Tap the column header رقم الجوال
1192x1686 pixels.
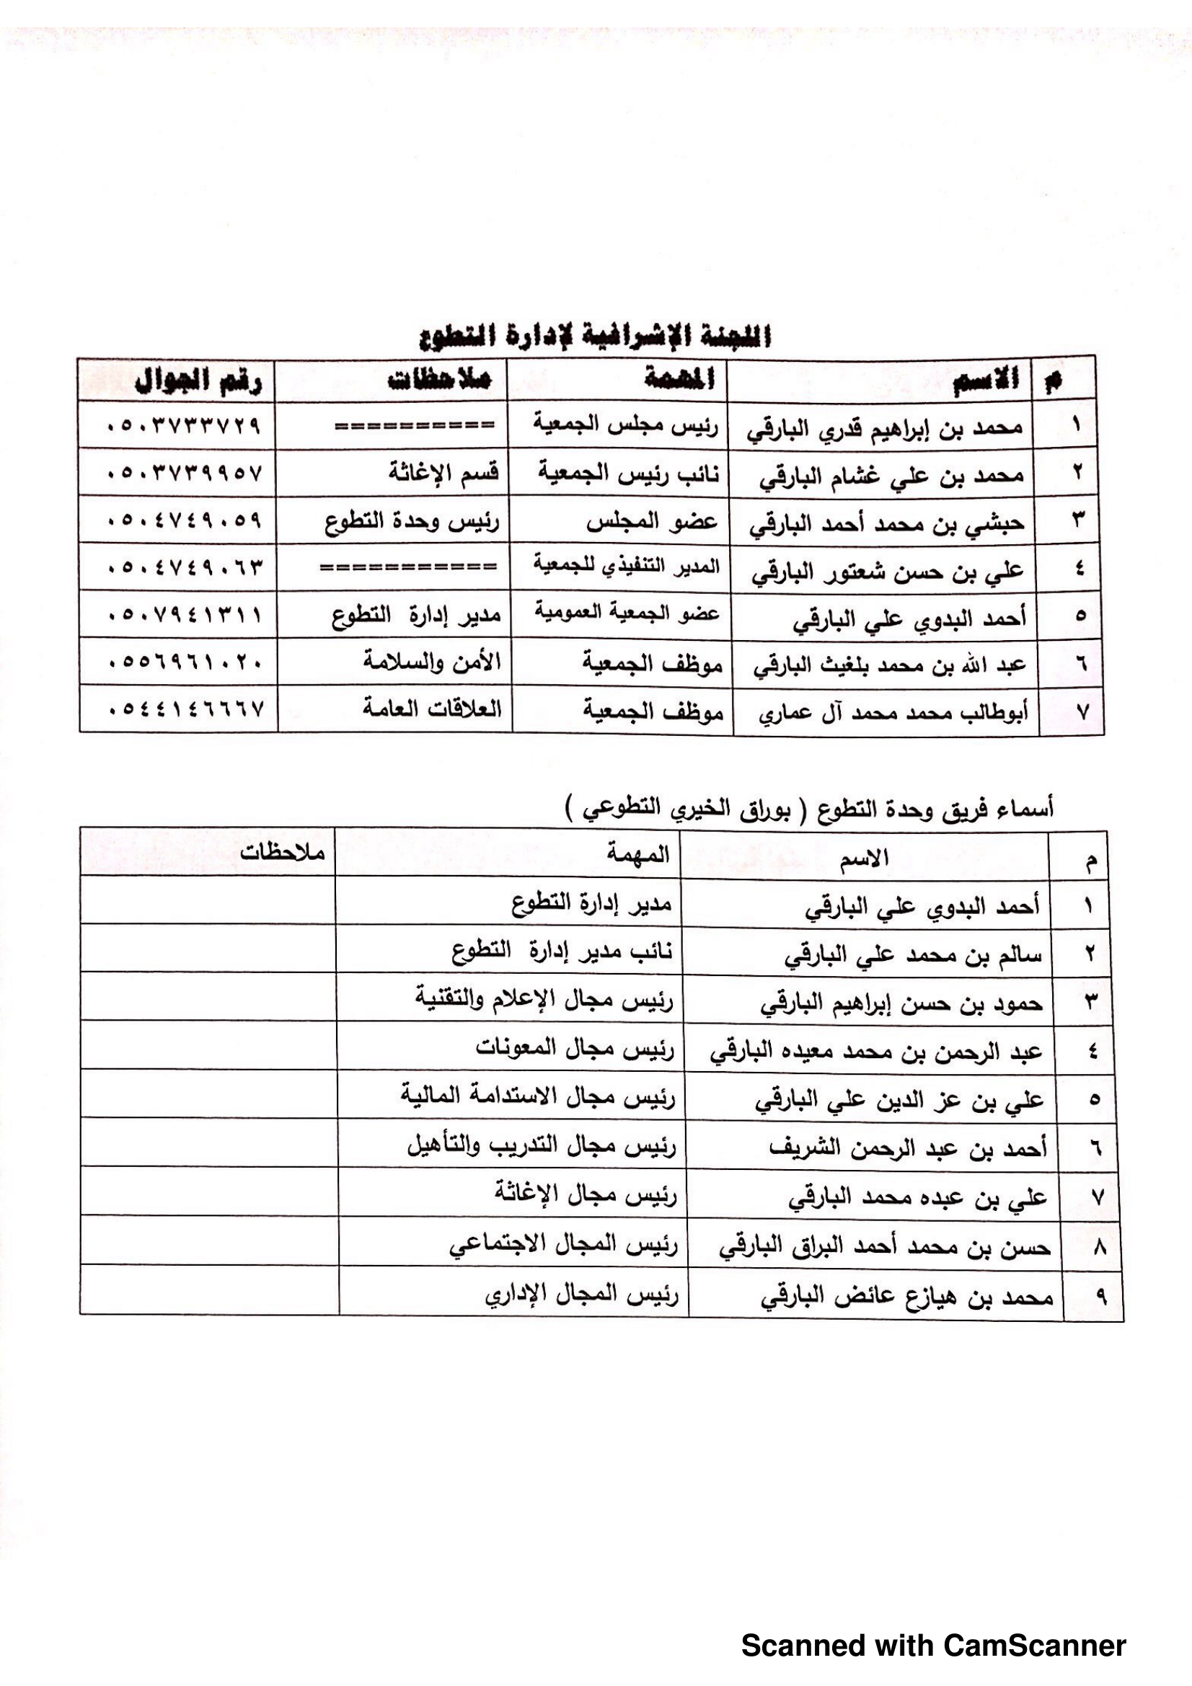point(198,381)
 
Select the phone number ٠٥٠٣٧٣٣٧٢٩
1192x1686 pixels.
point(184,426)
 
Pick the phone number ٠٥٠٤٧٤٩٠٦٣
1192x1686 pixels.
point(185,567)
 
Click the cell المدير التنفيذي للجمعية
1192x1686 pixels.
point(627,567)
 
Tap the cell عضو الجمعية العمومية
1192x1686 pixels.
point(627,613)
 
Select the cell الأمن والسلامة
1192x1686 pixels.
point(432,662)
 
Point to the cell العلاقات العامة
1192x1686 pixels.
point(432,709)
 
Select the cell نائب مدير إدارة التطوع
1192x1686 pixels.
point(562,951)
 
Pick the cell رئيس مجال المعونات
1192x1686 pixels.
point(574,1048)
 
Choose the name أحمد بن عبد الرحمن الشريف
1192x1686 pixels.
point(908,1148)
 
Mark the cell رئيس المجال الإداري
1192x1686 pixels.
point(582,1295)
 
